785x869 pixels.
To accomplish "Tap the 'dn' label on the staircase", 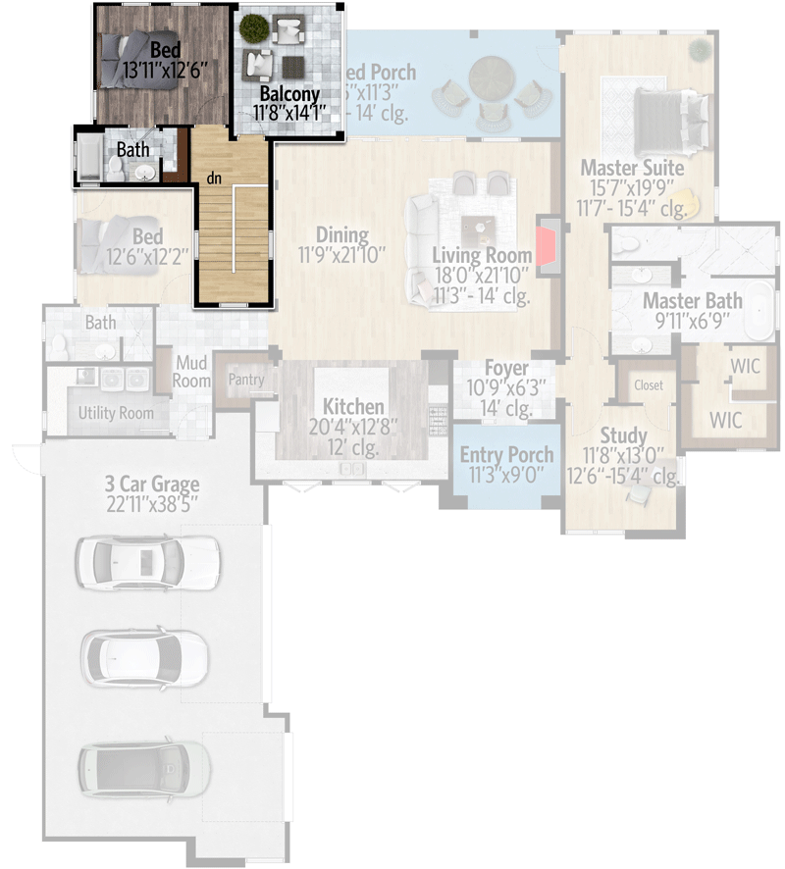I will point(212,179).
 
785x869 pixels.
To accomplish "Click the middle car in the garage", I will point(145,654).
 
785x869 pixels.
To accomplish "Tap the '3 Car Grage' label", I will point(152,484).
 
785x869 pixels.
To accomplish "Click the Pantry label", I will point(245,379).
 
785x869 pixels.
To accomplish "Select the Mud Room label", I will point(191,371).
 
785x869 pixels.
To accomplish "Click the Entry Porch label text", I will point(506,455).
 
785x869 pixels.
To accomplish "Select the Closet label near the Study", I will point(649,385).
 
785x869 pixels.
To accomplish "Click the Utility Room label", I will point(116,413).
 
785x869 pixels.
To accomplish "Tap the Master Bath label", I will point(692,300).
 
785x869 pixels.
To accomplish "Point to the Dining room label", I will point(341,235).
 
